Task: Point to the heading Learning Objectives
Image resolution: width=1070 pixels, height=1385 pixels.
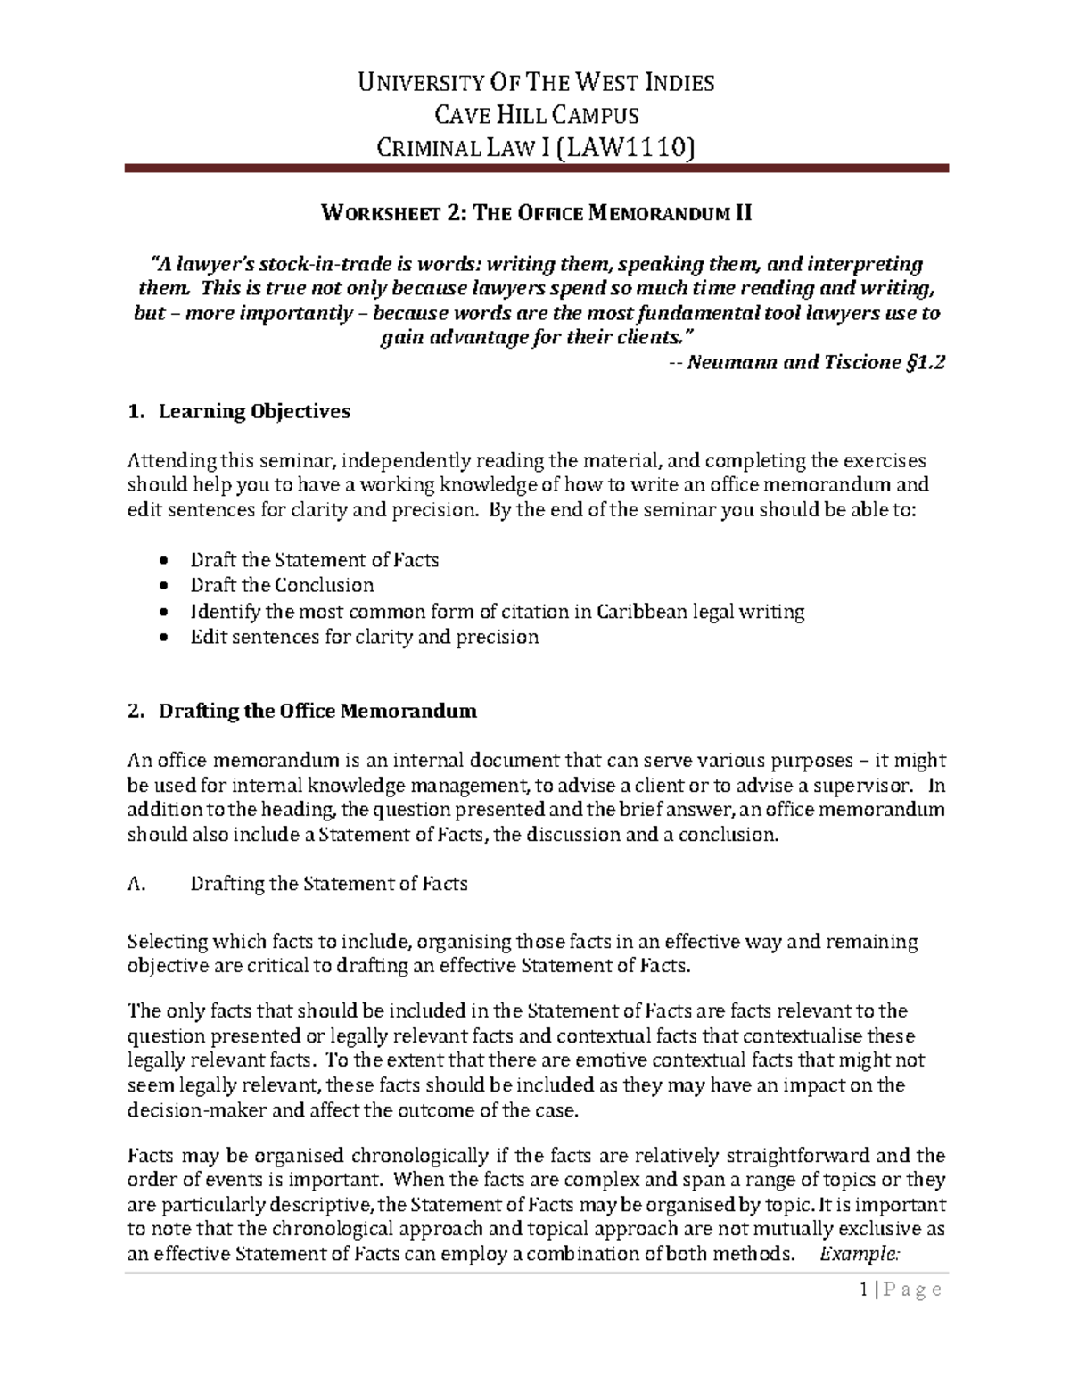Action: click(x=254, y=412)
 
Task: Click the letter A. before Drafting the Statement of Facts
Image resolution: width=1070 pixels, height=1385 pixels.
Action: click(x=136, y=884)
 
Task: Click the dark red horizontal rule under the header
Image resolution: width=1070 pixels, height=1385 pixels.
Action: click(x=536, y=168)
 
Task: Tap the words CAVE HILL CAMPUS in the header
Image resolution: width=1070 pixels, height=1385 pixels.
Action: click(x=536, y=114)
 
